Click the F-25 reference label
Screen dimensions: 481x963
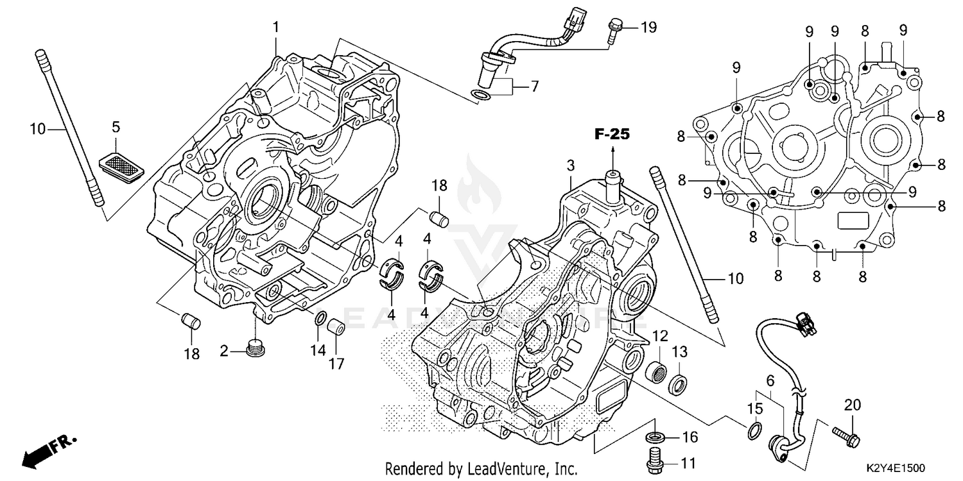tap(612, 135)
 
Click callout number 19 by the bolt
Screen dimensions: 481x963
tap(648, 27)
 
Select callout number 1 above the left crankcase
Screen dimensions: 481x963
tap(276, 28)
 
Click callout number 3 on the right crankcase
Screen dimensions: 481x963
tap(570, 166)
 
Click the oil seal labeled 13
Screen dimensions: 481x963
tap(679, 385)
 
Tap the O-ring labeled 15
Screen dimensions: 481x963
tap(756, 431)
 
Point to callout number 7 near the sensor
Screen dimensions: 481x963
tap(534, 86)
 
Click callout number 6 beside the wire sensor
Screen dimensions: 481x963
tap(770, 381)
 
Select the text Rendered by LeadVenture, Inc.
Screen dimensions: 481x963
tap(481, 469)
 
